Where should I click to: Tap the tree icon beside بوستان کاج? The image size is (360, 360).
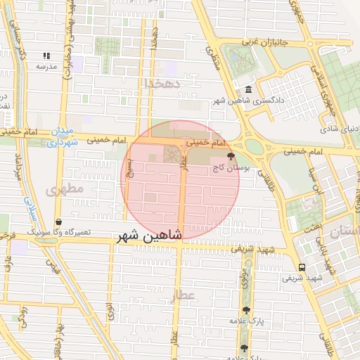pyautogui.click(x=230, y=156)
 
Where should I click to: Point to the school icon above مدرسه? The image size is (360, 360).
pyautogui.click(x=46, y=56)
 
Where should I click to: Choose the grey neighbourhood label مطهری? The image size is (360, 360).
pyautogui.click(x=65, y=190)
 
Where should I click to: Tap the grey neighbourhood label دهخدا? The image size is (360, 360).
pyautogui.click(x=162, y=83)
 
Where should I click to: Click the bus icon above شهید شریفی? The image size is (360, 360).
pyautogui.click(x=302, y=267)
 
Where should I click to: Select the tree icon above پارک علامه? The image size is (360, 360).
pyautogui.click(x=245, y=310)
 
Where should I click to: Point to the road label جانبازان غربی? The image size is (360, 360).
pyautogui.click(x=266, y=42)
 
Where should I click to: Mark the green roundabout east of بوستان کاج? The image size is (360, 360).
pyautogui.click(x=254, y=147)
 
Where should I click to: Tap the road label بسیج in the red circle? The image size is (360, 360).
pyautogui.click(x=129, y=166)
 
